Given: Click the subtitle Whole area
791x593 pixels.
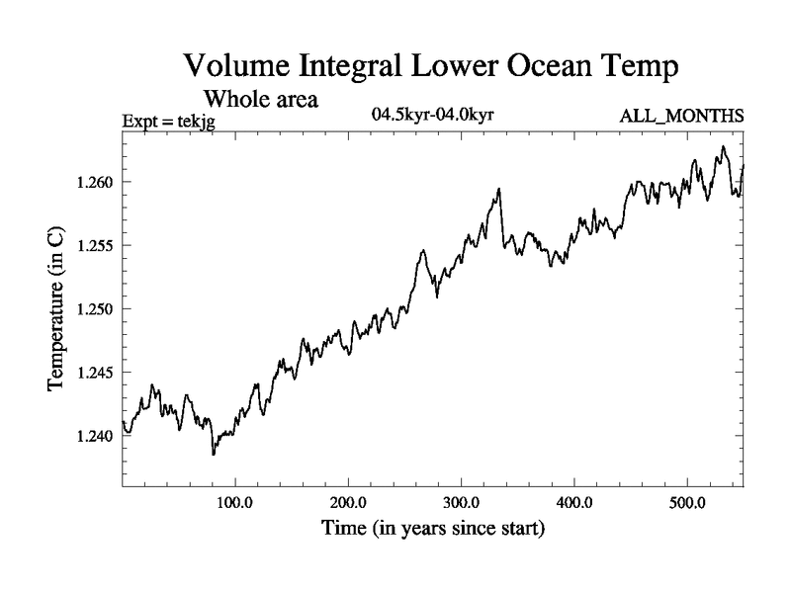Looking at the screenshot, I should (x=260, y=99).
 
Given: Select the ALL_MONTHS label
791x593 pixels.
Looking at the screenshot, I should (x=681, y=117).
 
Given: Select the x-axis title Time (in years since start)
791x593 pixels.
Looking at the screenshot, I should (x=433, y=529).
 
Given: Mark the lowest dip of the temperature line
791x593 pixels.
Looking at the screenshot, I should (x=213, y=454).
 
